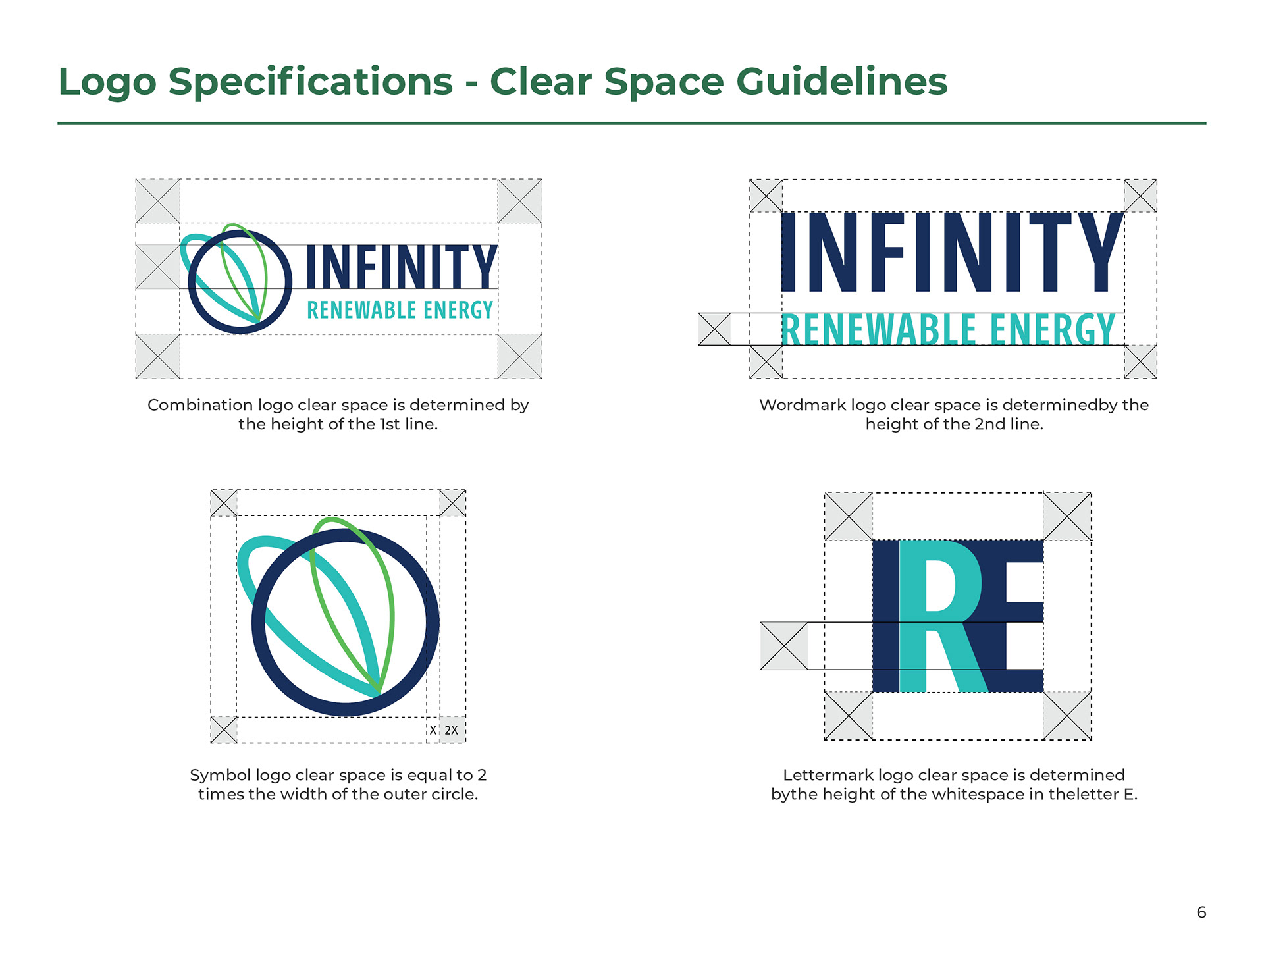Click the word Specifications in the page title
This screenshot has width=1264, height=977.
tap(311, 83)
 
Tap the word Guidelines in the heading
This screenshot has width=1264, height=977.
tap(841, 82)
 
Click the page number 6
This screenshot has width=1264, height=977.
tap(1201, 912)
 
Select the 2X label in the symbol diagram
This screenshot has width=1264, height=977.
tap(451, 730)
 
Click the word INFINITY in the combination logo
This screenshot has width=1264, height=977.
tap(401, 267)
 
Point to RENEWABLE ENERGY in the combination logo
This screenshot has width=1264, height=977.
tap(400, 310)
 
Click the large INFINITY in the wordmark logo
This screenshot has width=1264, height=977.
tap(951, 252)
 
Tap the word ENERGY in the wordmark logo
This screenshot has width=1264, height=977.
tap(1053, 330)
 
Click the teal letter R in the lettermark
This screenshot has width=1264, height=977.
tap(941, 616)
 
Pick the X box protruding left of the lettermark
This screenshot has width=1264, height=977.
tap(784, 646)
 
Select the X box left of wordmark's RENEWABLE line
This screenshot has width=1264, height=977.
tap(714, 329)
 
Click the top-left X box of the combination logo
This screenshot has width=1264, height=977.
tap(158, 201)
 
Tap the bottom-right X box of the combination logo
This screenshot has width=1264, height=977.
tap(519, 356)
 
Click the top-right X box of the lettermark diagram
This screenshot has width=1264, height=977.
tap(1067, 516)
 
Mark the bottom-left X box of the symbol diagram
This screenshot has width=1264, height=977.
tap(224, 729)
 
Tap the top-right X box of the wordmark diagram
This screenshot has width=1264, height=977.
tap(1140, 196)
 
